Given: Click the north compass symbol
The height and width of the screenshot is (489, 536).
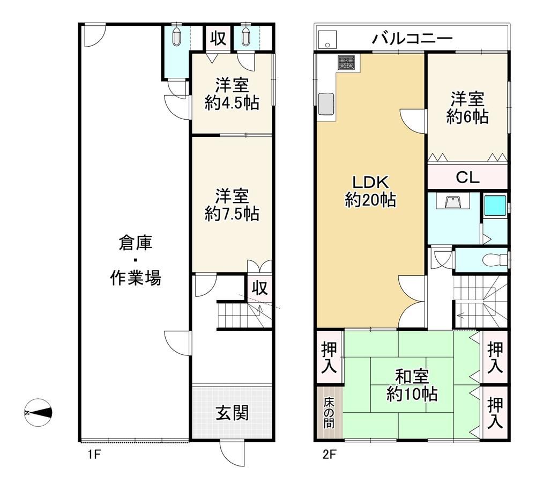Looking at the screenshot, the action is pyautogui.click(x=38, y=412).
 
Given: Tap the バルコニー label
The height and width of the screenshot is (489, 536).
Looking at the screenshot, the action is pyautogui.click(x=412, y=39).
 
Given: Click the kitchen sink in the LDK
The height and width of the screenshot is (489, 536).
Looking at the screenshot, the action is pyautogui.click(x=326, y=104).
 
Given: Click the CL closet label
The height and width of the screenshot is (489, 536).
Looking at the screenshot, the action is pyautogui.click(x=467, y=177).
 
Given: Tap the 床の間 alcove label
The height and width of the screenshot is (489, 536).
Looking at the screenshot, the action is pyautogui.click(x=329, y=413).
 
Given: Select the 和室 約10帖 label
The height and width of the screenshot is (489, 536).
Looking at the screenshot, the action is pyautogui.click(x=412, y=385).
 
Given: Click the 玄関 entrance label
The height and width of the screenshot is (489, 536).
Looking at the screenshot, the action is pyautogui.click(x=232, y=413).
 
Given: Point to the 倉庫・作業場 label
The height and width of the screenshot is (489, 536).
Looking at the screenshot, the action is pyautogui.click(x=136, y=260).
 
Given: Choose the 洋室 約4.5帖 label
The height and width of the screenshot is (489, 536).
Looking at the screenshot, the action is pyautogui.click(x=232, y=94).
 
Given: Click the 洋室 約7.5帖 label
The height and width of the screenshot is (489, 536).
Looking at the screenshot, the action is pyautogui.click(x=232, y=205).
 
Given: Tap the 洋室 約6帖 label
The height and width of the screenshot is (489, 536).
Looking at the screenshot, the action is pyautogui.click(x=467, y=107).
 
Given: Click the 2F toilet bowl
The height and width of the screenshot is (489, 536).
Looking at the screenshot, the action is pyautogui.click(x=496, y=260).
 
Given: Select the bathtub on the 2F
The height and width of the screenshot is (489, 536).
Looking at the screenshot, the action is pyautogui.click(x=495, y=205).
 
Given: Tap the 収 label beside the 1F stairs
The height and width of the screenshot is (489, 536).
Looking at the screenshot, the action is pyautogui.click(x=260, y=288).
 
